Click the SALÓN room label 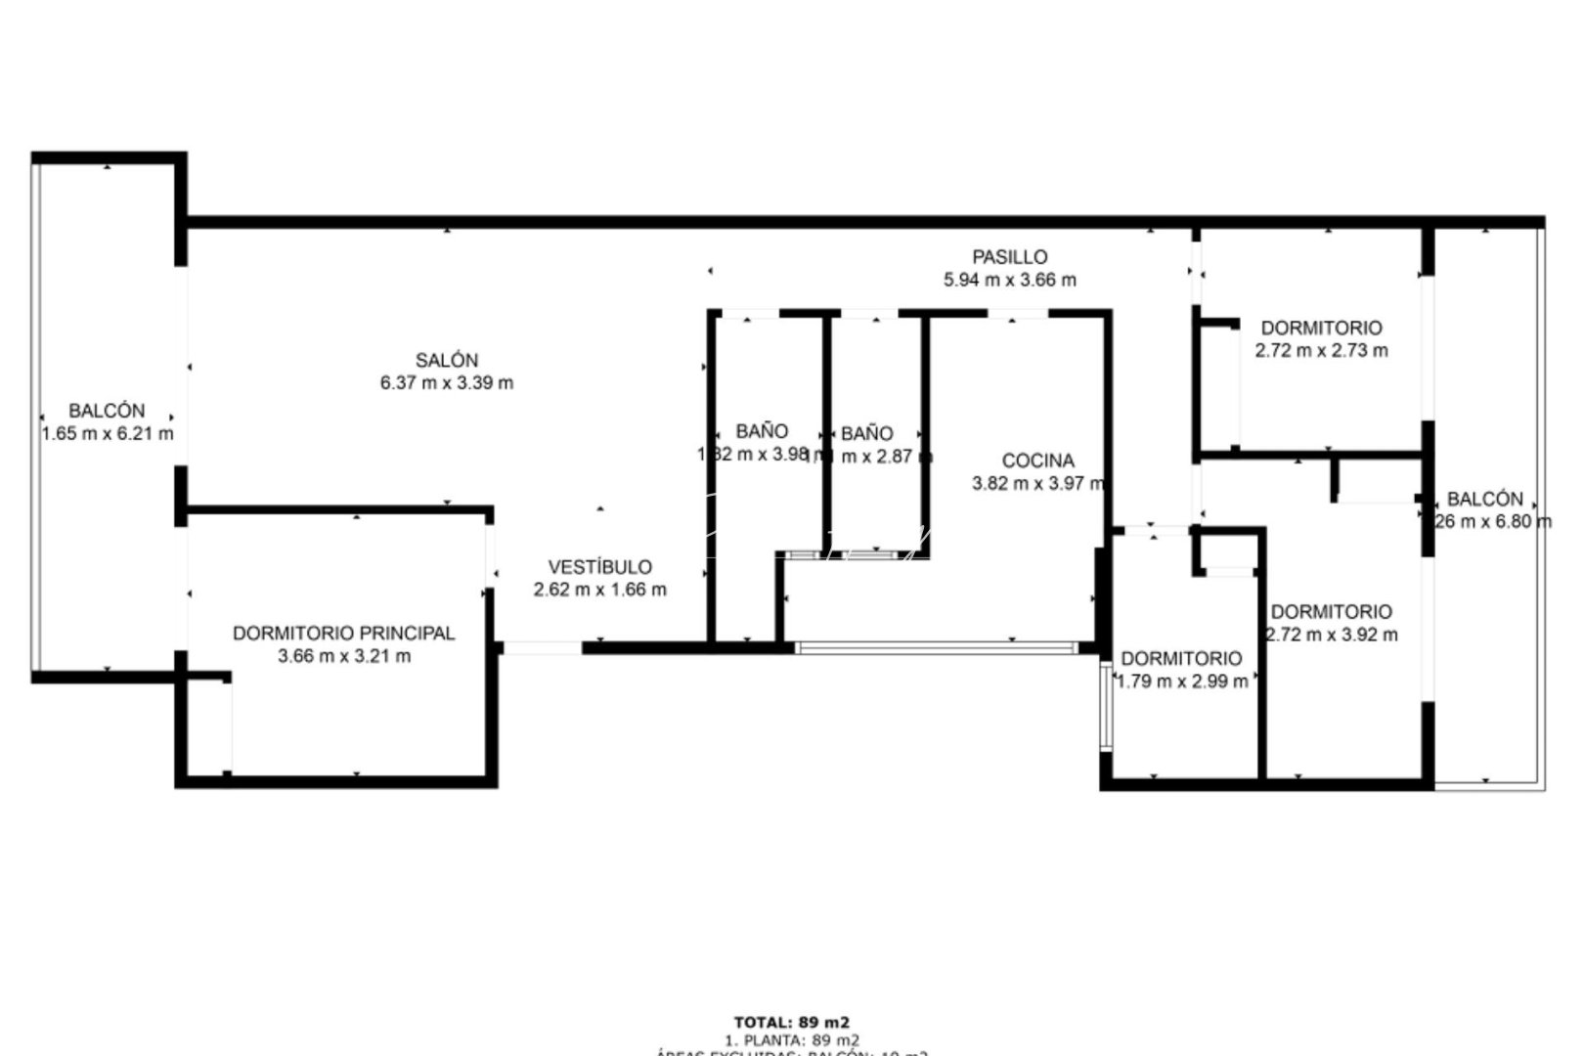(x=446, y=360)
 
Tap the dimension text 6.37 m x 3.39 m (x=446, y=383)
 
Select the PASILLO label (x=1009, y=257)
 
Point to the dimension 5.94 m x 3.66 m (x=1009, y=280)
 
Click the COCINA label (x=1037, y=461)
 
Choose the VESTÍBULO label (x=599, y=567)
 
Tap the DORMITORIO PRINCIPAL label (x=343, y=634)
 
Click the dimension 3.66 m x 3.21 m (x=343, y=656)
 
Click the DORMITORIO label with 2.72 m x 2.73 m (x=1321, y=329)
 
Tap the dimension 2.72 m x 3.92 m (x=1331, y=635)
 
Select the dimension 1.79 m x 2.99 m (x=1181, y=682)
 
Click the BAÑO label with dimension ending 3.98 (x=762, y=431)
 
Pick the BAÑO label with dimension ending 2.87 (x=866, y=433)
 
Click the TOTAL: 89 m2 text (x=791, y=1024)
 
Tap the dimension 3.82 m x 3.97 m (x=1037, y=483)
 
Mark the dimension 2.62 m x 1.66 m (x=599, y=590)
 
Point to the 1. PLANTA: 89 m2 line (x=791, y=1040)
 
